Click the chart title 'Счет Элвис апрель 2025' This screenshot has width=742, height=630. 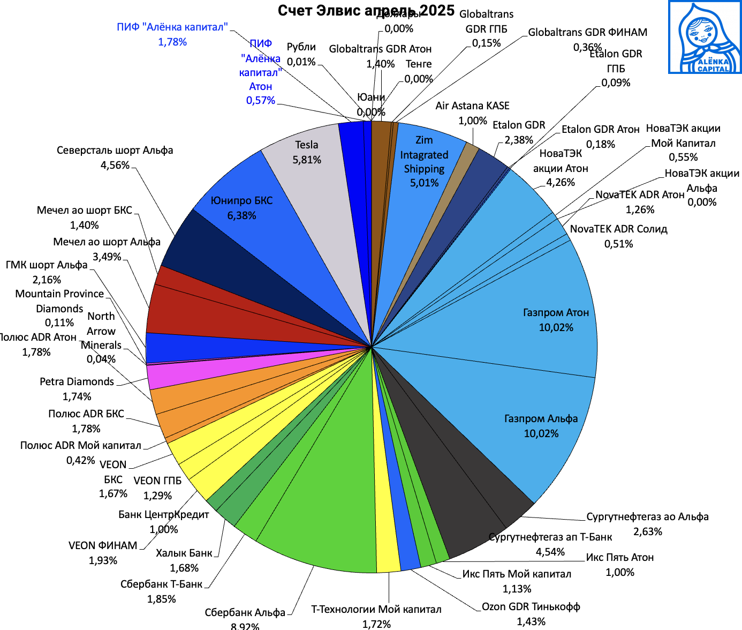pos(366,11)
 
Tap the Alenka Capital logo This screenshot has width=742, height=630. pos(705,37)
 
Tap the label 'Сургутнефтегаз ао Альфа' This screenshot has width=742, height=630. pos(647,517)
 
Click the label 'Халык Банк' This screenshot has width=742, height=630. pos(184,553)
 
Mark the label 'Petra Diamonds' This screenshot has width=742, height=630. pos(77,382)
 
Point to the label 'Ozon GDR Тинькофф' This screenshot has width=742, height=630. pos(531,607)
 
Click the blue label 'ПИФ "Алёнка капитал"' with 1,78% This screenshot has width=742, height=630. pos(172,27)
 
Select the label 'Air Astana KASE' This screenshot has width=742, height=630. pos(472,106)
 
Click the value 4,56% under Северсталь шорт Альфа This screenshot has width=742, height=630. pos(115,166)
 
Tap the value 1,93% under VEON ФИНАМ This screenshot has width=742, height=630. pos(103,561)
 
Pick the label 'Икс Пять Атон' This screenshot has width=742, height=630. pos(619,558)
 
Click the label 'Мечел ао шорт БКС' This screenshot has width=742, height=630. pos(84,211)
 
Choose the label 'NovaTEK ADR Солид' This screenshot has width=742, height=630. pos(618,229)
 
